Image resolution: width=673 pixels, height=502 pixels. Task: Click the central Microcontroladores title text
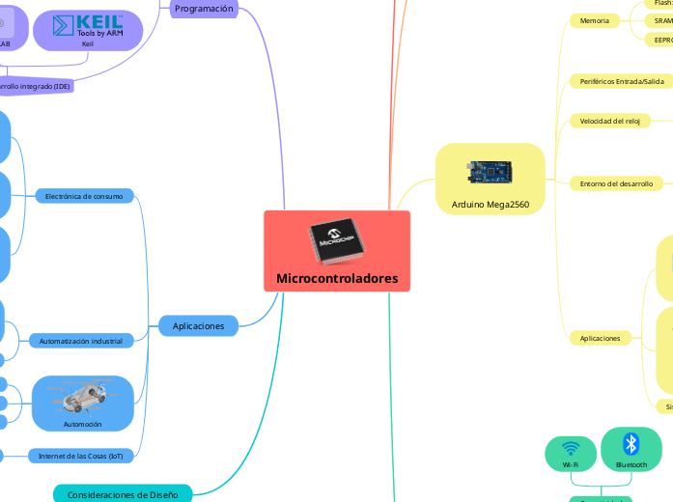coord(337,279)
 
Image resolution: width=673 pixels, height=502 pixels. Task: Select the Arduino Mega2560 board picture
coord(490,173)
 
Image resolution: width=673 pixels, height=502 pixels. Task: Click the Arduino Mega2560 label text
coord(490,205)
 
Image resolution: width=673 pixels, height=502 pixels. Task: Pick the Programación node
coord(204,9)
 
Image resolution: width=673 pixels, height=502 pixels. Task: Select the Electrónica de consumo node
coord(84,196)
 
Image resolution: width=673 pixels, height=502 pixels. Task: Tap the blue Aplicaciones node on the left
coord(198,326)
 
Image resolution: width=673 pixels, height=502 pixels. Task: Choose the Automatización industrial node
coord(80,341)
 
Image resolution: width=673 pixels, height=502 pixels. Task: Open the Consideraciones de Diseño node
coord(123,494)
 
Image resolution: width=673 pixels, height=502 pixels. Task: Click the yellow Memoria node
coord(595,20)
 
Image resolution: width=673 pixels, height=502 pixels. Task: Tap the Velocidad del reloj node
coord(609,121)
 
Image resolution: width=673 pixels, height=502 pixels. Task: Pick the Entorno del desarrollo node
coord(616,182)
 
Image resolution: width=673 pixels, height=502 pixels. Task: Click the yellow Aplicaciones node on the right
coord(600,338)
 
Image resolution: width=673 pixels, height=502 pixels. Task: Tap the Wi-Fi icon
coord(570,449)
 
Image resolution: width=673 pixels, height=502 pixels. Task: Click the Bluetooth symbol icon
coord(631,443)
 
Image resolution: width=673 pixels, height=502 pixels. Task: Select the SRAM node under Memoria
coord(662,20)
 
